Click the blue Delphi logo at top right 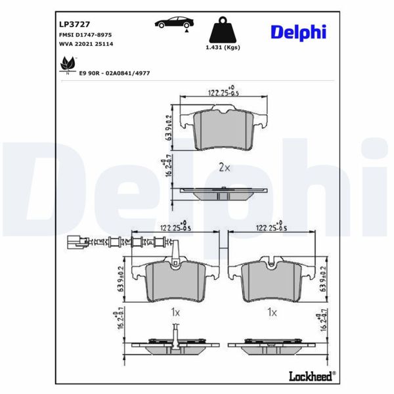click(297, 32)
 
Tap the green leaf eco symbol click(67, 64)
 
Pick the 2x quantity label click(224, 167)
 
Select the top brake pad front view click(224, 131)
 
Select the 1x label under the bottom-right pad click(271, 314)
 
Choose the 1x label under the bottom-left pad click(175, 314)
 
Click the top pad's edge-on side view click(223, 192)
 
